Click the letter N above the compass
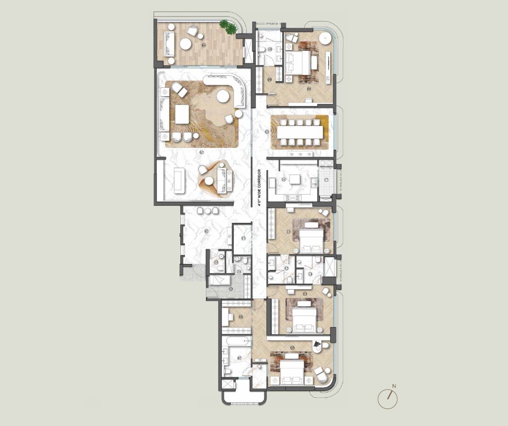point(394,386)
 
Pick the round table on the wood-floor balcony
point(185,44)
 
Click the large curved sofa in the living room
point(221,85)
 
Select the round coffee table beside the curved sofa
point(223,97)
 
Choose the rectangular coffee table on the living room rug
point(181,114)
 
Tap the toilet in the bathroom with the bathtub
point(227,372)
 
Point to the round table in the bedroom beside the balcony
point(325,38)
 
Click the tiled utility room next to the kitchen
point(327,180)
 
